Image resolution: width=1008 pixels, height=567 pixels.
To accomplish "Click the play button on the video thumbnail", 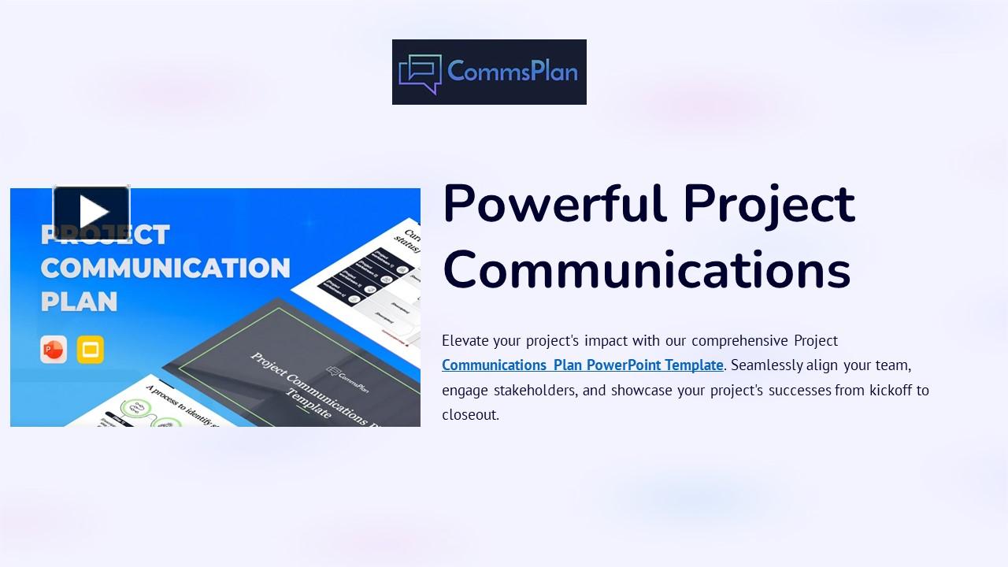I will point(91,212).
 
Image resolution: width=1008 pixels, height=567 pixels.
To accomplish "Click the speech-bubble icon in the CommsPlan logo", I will point(420,73).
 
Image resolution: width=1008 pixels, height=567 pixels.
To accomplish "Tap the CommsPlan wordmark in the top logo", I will point(513,72).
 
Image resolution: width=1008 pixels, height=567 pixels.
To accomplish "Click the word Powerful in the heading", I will point(554,204).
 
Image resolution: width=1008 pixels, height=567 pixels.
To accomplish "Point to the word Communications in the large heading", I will point(647,269).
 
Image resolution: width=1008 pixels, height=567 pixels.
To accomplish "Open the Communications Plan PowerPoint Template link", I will point(582,365).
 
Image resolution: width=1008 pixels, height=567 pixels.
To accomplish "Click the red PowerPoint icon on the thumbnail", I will point(54,350).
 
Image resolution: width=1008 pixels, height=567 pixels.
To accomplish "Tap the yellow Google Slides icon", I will point(91,350).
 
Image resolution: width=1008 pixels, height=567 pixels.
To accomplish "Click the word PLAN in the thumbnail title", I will point(79,302).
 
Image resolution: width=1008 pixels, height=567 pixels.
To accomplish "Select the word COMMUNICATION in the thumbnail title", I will point(165,268).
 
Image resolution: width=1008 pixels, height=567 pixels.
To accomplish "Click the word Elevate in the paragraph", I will point(465,341).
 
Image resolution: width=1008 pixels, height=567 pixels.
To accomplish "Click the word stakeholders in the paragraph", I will point(536,390).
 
